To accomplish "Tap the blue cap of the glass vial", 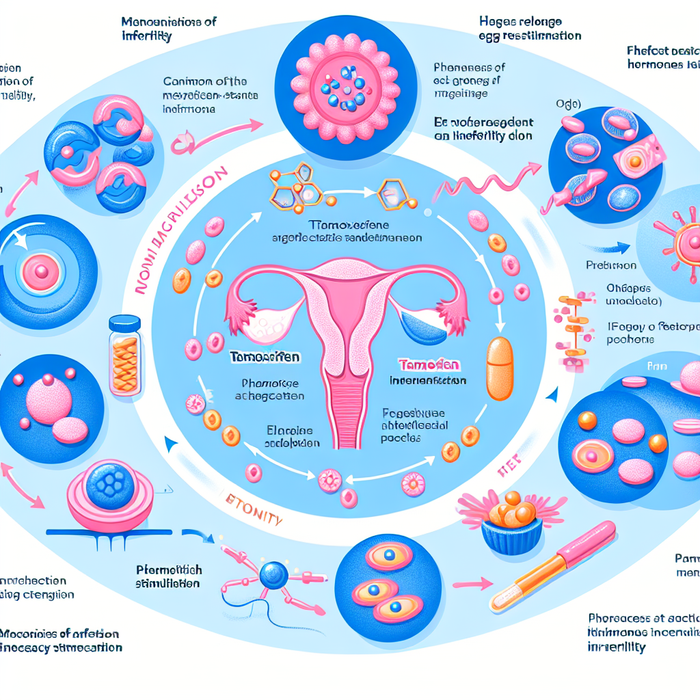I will coord(124,322).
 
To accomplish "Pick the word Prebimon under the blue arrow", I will coord(611,265).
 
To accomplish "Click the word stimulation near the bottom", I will coord(167,583).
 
